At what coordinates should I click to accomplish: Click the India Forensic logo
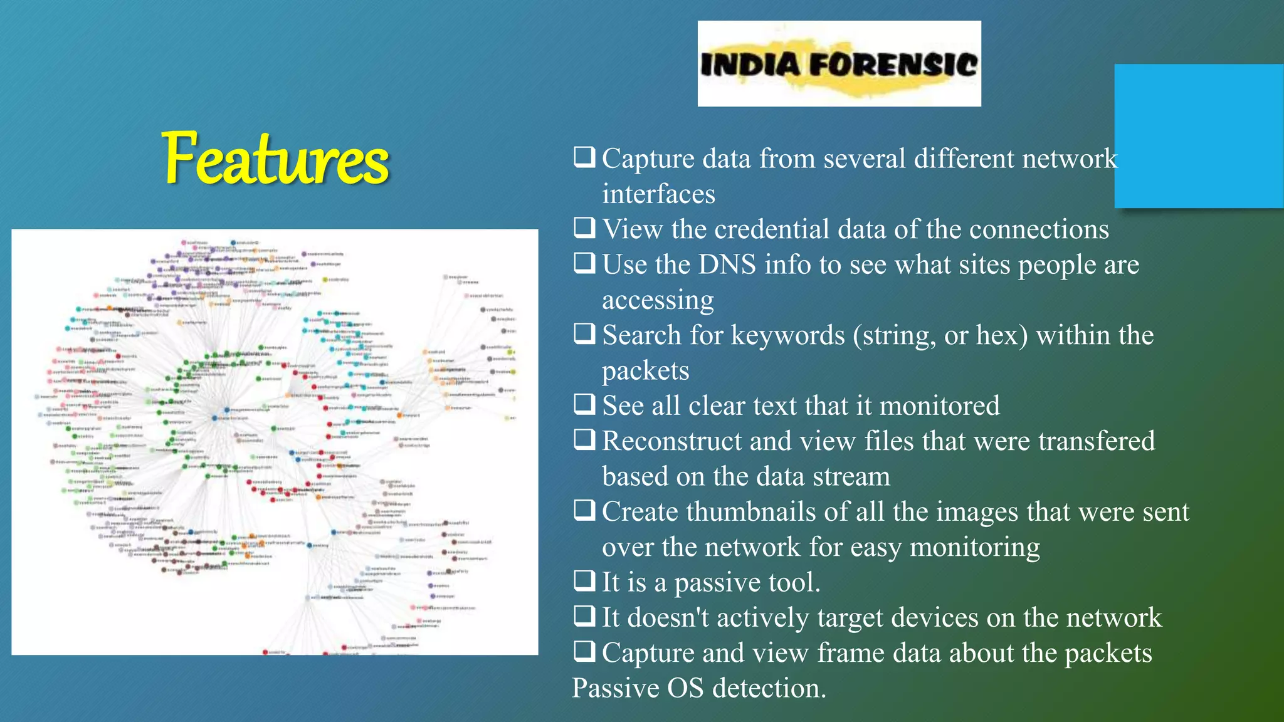[x=839, y=64]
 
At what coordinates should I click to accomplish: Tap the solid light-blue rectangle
[x=1199, y=135]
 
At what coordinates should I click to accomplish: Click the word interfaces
[x=658, y=194]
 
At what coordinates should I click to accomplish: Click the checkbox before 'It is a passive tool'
[x=584, y=581]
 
